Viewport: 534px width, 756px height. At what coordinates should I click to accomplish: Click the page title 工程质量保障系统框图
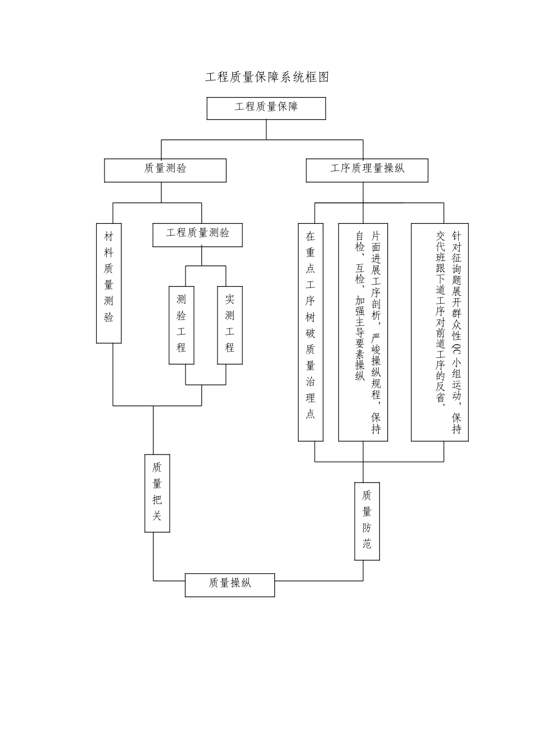coord(266,78)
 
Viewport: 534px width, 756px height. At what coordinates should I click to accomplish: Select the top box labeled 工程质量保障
coord(266,108)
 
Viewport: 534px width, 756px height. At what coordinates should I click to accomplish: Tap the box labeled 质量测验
coord(165,170)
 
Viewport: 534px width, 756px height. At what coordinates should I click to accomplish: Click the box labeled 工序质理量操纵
coord(366,170)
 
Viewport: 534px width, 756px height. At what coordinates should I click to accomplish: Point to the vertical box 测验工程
coord(182,325)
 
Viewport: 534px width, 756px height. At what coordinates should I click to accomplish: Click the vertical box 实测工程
coord(230,325)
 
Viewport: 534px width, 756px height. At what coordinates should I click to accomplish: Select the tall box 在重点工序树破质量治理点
coord(310,332)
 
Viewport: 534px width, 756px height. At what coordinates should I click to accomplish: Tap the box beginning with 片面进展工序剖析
coord(363,332)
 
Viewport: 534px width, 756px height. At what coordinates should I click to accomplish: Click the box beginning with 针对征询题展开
coord(440,332)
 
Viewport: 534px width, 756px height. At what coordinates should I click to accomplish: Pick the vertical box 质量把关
coord(157,493)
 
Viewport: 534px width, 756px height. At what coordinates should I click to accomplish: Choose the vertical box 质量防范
coord(366,521)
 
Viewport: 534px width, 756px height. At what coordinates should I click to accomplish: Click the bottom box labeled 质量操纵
coord(230,585)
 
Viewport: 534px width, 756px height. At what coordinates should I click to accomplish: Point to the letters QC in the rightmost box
coord(456,348)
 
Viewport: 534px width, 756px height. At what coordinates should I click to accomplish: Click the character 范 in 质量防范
coord(366,544)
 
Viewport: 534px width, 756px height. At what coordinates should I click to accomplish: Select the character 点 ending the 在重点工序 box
coord(310,415)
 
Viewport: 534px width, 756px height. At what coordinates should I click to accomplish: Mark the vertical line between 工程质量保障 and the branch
coord(266,129)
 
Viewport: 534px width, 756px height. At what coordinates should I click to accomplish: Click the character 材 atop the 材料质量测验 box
coord(109,237)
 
